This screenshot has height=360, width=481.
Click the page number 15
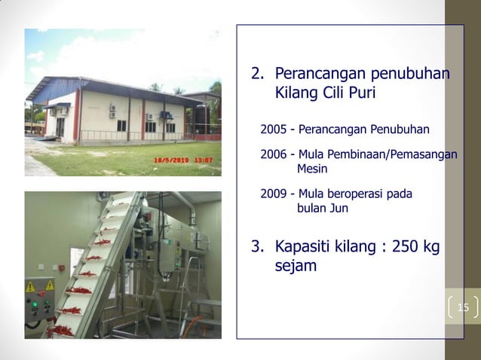(x=463, y=307)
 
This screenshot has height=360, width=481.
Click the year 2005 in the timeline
(x=274, y=130)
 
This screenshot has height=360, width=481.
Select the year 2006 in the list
(x=274, y=154)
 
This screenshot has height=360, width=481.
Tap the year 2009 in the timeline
(x=274, y=194)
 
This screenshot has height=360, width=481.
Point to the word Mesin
(x=312, y=169)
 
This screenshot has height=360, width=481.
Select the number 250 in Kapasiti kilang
(x=403, y=247)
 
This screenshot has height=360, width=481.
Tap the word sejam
(x=295, y=267)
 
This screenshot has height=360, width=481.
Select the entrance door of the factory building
(x=60, y=126)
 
